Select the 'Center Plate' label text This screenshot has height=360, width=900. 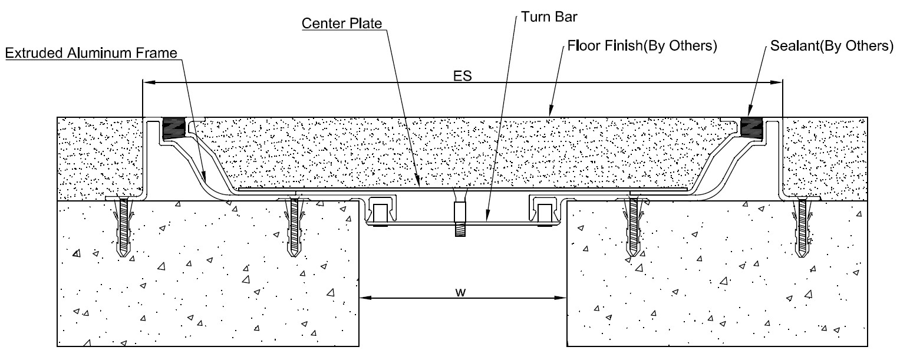(342, 24)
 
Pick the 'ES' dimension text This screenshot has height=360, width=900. (463, 75)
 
